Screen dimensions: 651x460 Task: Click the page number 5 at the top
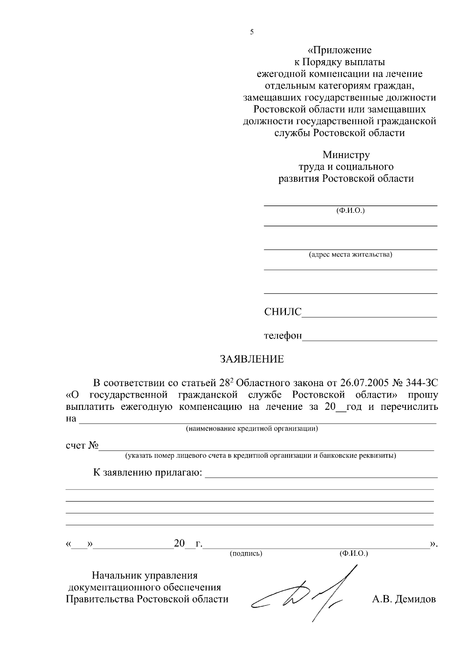coord(252,32)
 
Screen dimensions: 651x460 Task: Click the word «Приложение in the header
coord(340,50)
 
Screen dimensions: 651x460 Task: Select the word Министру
coord(346,155)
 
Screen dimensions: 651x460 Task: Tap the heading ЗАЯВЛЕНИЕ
coord(251,359)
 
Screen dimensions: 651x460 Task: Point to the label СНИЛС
coord(283,312)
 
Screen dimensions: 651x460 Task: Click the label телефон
coord(283,336)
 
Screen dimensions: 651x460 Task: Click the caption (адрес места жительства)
coord(350,255)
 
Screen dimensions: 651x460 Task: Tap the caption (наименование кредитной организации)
coord(252,429)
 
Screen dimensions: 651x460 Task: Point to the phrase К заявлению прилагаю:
coord(148,472)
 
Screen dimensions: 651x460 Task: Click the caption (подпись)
coord(246,554)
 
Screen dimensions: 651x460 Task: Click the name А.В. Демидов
coord(404,599)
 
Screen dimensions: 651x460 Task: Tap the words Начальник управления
coord(145,575)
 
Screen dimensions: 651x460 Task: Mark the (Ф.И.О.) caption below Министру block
coord(350,210)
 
